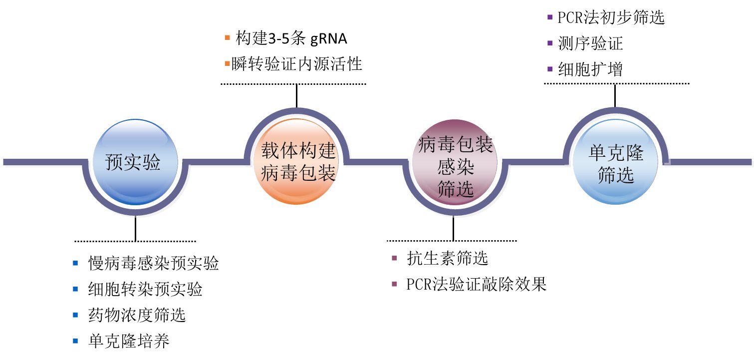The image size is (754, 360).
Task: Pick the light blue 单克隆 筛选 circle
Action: [x=615, y=163]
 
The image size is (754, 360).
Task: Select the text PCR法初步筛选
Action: [x=612, y=18]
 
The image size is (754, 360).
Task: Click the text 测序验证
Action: [x=591, y=44]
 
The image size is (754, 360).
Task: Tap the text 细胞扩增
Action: [x=591, y=69]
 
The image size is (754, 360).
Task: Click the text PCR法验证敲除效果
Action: [x=477, y=285]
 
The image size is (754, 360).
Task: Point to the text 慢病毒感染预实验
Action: [x=154, y=263]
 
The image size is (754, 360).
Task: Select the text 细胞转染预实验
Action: [x=145, y=289]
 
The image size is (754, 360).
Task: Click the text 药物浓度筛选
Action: [x=137, y=315]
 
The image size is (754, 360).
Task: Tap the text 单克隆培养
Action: [x=129, y=341]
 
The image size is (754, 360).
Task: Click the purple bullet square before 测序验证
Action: [x=549, y=44]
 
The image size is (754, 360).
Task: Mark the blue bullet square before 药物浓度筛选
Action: [x=75, y=315]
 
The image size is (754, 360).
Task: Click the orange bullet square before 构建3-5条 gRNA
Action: [x=227, y=38]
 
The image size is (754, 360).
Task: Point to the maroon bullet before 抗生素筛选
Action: [x=395, y=259]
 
